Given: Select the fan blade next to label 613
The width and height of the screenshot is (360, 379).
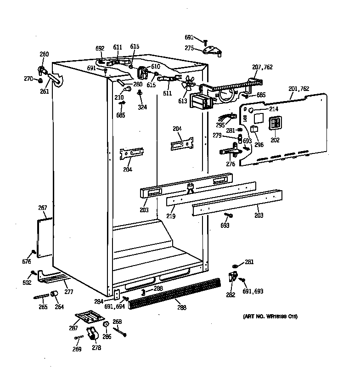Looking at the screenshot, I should tap(188, 84).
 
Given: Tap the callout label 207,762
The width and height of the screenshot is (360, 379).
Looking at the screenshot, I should tap(262, 67).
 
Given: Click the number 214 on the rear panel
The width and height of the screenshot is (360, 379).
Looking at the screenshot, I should tap(274, 109).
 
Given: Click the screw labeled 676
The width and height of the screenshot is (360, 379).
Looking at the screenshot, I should tap(34, 252).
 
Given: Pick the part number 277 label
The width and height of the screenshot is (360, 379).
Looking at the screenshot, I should tap(68, 292).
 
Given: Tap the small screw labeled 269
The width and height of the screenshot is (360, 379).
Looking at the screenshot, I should tap(78, 339).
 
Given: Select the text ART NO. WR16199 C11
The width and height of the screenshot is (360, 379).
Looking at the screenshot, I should tap(270, 317).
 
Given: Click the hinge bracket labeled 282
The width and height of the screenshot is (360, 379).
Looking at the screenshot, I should tap(233, 277).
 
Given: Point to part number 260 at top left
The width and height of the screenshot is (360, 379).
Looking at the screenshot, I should tap(44, 54).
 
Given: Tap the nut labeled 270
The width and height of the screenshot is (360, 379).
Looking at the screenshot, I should tap(40, 80).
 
